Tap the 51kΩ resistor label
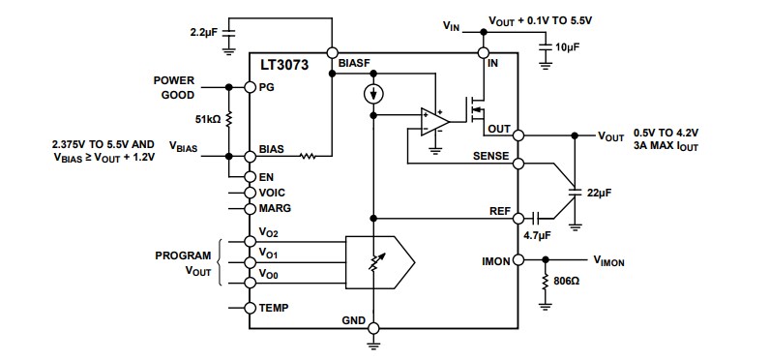click(x=207, y=119)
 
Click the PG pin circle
click(x=250, y=87)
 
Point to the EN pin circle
click(x=250, y=176)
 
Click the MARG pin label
click(x=274, y=208)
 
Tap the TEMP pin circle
click(x=250, y=308)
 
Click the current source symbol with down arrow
click(x=373, y=95)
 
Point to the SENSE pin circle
click(x=518, y=163)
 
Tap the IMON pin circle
click(x=518, y=260)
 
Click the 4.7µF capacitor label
click(x=538, y=234)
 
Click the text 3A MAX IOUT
click(x=665, y=146)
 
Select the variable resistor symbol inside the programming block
click(x=373, y=261)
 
